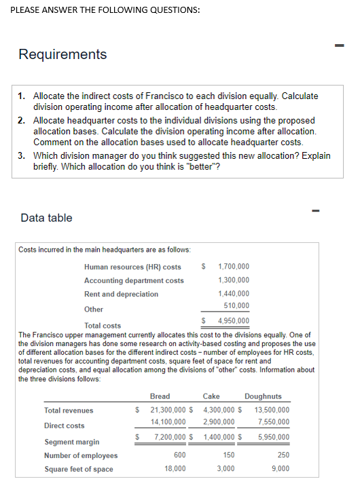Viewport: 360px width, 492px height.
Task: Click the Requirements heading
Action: point(62,54)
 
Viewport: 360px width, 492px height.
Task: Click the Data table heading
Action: point(47,218)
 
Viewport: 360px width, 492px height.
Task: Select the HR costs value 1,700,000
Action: point(233,267)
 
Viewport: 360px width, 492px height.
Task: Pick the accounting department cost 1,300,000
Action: point(233,280)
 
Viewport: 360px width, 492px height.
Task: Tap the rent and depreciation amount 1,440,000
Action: point(233,294)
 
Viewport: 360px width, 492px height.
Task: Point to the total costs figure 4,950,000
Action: point(233,320)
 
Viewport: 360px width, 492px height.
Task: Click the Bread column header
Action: point(160,396)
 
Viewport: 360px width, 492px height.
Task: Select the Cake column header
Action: point(211,396)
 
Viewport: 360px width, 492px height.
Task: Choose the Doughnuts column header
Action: point(263,396)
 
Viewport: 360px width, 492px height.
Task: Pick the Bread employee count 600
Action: point(180,455)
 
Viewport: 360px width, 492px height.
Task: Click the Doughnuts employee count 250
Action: point(283,455)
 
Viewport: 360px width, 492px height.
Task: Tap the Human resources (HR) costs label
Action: point(132,267)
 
